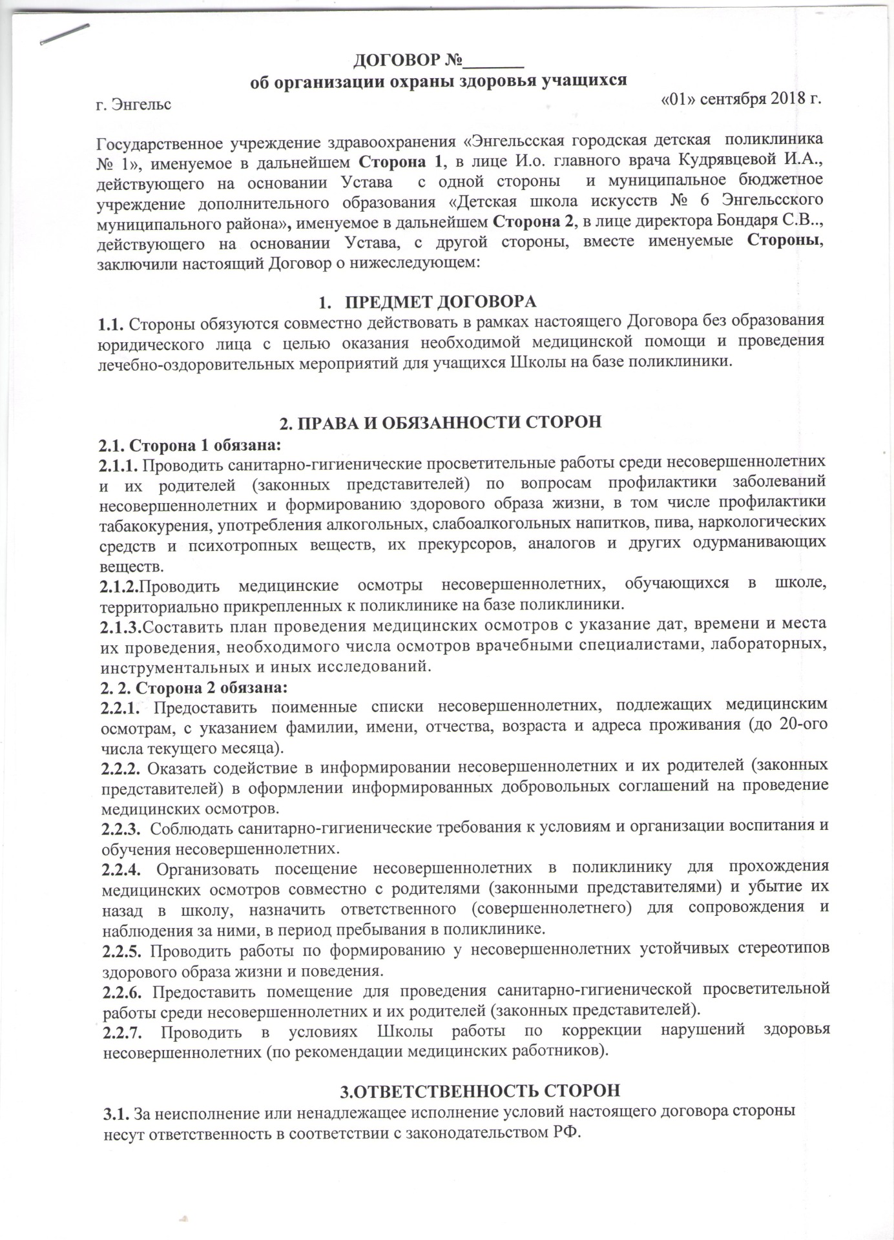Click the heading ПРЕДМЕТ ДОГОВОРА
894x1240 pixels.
441,302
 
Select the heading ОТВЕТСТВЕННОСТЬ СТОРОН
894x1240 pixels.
480,1090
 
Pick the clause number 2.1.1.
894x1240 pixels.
118,464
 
